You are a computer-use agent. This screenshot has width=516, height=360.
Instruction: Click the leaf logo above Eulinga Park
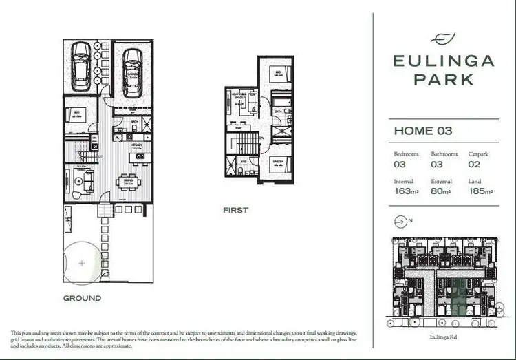(443, 39)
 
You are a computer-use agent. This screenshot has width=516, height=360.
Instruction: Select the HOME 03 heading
(422, 130)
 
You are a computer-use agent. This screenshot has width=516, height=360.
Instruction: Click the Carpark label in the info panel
(478, 154)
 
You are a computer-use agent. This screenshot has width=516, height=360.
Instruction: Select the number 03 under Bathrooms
(438, 165)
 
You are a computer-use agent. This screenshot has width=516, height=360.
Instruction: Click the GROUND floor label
(82, 298)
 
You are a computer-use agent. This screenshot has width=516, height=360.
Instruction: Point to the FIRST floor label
(235, 210)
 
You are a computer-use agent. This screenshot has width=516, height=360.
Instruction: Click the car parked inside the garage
(132, 72)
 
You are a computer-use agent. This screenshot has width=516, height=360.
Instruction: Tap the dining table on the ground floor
(128, 182)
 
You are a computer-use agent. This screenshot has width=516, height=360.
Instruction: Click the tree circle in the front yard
(82, 262)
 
